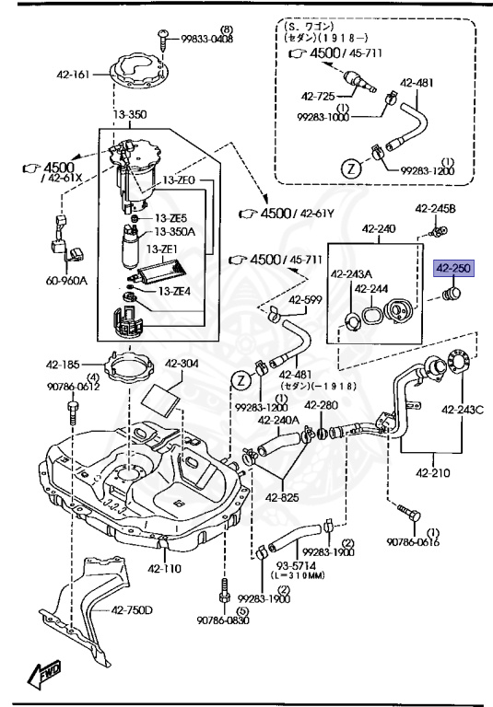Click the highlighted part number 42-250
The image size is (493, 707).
pyautogui.click(x=452, y=269)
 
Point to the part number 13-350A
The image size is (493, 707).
pyautogui.click(x=175, y=232)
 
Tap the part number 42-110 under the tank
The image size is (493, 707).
pyautogui.click(x=165, y=568)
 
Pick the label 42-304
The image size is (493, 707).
pyautogui.click(x=182, y=364)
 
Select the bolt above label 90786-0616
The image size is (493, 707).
pyautogui.click(x=405, y=509)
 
